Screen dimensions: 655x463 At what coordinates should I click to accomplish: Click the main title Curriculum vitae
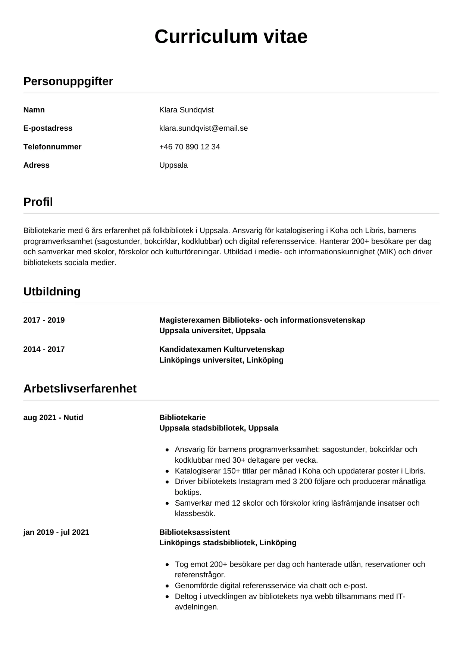[x=231, y=37]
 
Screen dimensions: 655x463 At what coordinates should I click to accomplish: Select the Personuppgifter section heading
[x=68, y=81]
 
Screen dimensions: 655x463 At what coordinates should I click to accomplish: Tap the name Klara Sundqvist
[x=186, y=110]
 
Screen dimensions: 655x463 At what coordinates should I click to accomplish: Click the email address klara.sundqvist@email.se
[x=203, y=128]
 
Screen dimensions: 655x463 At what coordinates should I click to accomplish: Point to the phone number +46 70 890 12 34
[x=190, y=147]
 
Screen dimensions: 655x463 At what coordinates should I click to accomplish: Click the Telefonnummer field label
[x=52, y=147]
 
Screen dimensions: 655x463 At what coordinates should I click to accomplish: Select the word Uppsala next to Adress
[x=173, y=165]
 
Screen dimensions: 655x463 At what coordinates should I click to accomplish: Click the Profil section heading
[x=38, y=202]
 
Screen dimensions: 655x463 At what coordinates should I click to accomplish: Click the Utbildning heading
[x=52, y=292]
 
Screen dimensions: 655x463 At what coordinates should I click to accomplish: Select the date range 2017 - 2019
[x=44, y=320]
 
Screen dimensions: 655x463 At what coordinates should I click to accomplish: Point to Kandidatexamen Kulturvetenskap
[x=222, y=349]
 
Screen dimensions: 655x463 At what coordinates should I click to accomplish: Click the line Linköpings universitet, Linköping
[x=221, y=360]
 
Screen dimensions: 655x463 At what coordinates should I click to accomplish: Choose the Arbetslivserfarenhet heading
[x=80, y=389]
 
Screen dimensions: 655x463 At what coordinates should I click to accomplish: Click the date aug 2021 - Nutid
[x=53, y=417]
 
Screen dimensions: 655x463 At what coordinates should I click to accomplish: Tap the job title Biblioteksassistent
[x=194, y=532]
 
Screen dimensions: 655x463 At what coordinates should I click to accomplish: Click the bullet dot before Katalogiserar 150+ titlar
[x=168, y=471]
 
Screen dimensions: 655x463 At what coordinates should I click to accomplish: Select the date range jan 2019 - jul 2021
[x=56, y=532]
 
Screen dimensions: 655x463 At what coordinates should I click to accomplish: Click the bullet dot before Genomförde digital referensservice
[x=168, y=586]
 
